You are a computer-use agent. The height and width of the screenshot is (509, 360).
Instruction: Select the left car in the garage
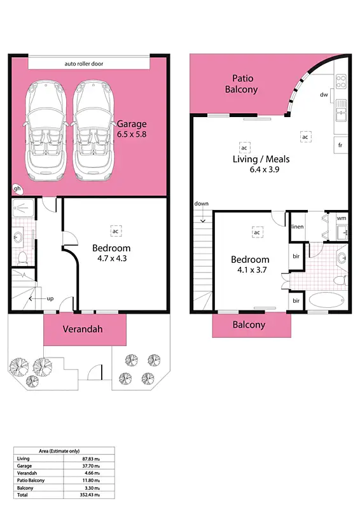[x=45, y=131]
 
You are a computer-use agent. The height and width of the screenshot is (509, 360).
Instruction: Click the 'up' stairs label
[x=48, y=298]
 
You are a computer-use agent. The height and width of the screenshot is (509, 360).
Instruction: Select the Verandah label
[x=83, y=330]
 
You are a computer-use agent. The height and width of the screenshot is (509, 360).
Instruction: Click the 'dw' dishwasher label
[x=324, y=95]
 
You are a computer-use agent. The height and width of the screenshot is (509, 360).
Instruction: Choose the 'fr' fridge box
[x=341, y=145]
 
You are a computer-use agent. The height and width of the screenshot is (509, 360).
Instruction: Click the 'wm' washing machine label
[x=341, y=219]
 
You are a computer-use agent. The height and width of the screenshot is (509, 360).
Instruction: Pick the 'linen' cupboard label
[x=297, y=227]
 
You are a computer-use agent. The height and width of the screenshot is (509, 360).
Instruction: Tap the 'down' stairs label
[x=202, y=204]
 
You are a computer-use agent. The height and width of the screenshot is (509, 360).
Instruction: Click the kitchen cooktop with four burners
[x=341, y=81]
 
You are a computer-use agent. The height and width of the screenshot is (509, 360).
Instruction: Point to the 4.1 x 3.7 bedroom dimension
[x=249, y=270]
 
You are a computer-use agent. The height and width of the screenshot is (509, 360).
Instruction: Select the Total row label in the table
[x=23, y=494]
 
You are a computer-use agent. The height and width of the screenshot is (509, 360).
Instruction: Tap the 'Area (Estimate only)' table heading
[x=64, y=450]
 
